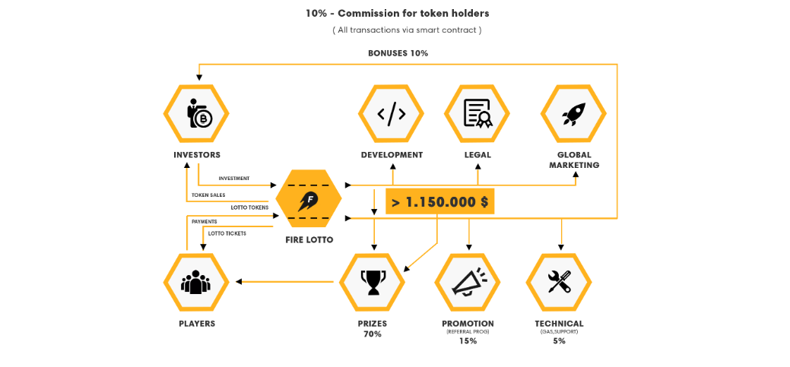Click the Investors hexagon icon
196,113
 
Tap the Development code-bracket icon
391,113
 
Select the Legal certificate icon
477,113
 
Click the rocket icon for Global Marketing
573,113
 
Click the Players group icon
196,282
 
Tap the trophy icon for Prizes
372,282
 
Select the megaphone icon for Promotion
468,282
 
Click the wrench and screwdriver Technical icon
559,282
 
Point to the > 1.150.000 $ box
440,201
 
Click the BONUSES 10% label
398,53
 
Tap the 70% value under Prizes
372,334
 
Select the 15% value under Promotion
468,341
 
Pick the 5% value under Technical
559,341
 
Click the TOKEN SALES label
208,195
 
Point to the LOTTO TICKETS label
227,233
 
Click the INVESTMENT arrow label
233,179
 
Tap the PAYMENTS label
204,222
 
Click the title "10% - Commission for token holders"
398,13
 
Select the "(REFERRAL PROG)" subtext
468,332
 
